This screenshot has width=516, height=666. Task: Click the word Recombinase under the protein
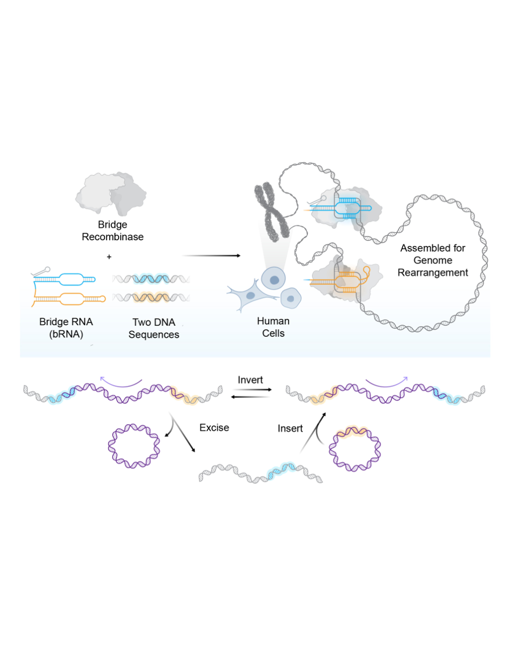[x=112, y=237]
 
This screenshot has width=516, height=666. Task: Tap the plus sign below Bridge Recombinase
[x=109, y=257]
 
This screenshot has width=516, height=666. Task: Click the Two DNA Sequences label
[x=154, y=328]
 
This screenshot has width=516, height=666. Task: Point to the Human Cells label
[x=273, y=327]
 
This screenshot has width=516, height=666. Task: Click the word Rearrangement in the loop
[x=432, y=273]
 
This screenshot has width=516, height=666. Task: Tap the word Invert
[x=250, y=380]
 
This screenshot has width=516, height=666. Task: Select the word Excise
[x=214, y=428]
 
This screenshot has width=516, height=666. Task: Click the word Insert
[x=290, y=428]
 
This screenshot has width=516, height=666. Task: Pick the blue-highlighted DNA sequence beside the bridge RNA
[x=151, y=279]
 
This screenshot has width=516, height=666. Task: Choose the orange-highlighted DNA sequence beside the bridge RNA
[x=151, y=297]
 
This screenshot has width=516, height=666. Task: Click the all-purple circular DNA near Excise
[x=134, y=446]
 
